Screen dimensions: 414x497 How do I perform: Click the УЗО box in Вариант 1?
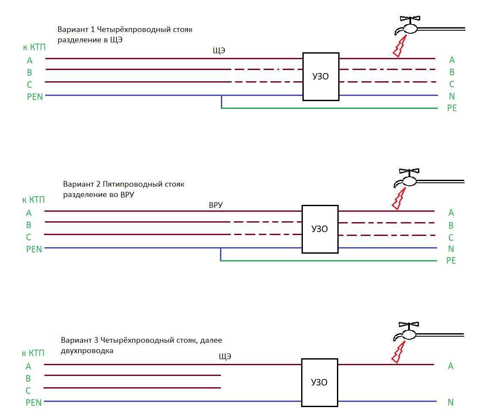321,76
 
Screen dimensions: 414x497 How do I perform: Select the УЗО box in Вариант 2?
320,229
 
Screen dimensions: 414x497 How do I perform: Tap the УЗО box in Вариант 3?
319,382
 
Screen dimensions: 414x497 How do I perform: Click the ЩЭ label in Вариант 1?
219,51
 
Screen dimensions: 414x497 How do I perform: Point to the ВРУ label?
216,205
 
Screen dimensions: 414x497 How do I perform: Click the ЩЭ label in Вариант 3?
225,357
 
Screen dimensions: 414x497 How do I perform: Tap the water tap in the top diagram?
408,27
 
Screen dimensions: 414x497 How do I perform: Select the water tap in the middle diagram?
407,179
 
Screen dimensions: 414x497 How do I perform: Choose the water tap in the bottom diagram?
407,333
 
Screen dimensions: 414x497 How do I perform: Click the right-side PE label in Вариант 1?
452,108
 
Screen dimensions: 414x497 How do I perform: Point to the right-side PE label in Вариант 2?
451,261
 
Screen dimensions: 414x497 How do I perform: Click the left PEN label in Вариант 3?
34,403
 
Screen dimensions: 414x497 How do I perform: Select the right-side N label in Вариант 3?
451,402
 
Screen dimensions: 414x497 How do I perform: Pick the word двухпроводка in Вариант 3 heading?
87,351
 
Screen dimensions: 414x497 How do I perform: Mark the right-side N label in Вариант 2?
451,249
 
